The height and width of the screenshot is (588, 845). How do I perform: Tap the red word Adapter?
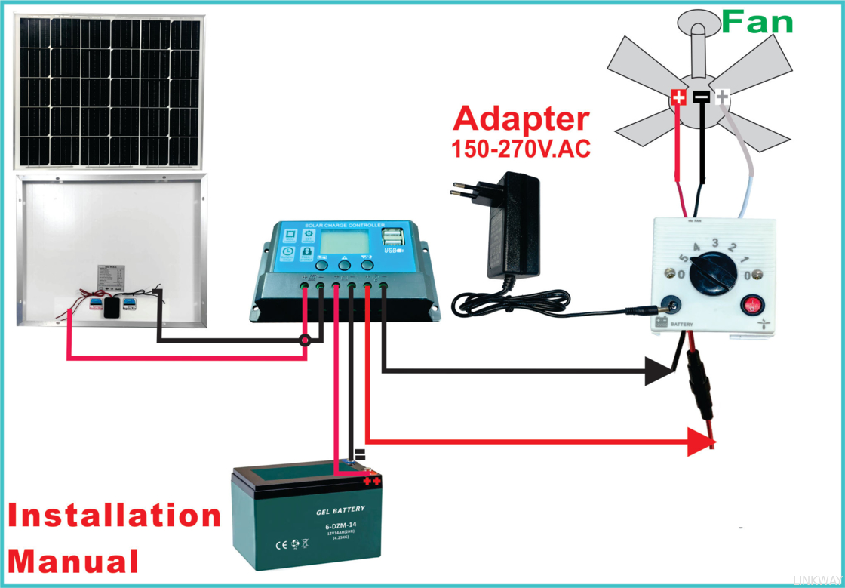click(x=521, y=119)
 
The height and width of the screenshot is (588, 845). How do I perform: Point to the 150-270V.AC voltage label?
click(x=521, y=148)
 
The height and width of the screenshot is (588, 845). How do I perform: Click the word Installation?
click(x=115, y=516)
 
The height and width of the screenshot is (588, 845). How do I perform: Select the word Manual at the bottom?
click(x=74, y=562)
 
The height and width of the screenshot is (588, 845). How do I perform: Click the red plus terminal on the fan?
click(x=678, y=97)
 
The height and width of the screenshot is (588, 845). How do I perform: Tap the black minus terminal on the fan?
click(x=701, y=97)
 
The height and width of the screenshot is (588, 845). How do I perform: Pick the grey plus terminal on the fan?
click(x=723, y=97)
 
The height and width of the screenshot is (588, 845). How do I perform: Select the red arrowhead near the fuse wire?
click(x=701, y=442)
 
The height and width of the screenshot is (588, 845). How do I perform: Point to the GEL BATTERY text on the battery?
click(x=340, y=509)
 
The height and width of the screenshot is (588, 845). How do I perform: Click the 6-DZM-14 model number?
click(x=340, y=525)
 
